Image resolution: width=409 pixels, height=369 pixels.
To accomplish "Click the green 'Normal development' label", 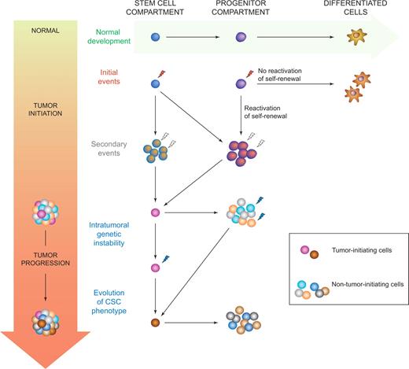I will tap(111, 37).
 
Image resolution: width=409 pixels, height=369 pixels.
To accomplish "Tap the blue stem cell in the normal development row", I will tap(157, 37).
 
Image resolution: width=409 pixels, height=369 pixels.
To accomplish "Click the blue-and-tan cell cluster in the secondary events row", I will tap(157, 149).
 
